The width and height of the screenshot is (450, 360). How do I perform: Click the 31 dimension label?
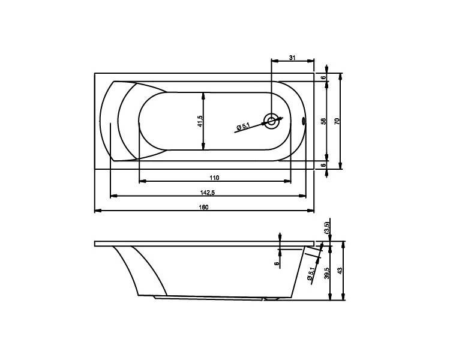pos(292,58)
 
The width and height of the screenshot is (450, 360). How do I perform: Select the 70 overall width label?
pos(337,121)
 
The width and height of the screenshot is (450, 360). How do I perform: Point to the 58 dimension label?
pos(323,121)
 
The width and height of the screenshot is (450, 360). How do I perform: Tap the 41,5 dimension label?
pos(200,121)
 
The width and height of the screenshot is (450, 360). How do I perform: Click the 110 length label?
pos(214,178)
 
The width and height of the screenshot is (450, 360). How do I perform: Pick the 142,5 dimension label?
pos(208,193)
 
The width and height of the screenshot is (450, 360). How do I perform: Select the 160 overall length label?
pos(204,207)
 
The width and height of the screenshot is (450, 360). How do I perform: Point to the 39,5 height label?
pos(326,273)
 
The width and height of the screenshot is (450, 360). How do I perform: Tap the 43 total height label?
pos(340,271)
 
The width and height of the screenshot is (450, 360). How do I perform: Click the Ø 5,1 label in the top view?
pos(243,127)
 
